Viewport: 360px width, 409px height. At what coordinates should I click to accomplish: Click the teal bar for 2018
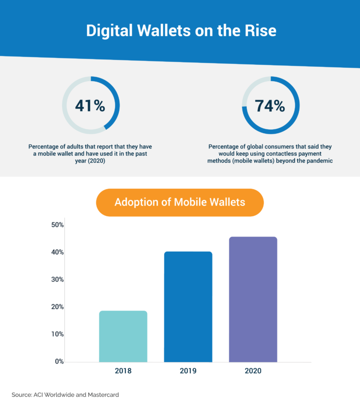[x=123, y=336]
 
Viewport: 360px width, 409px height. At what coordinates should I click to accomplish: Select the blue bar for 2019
[x=188, y=307]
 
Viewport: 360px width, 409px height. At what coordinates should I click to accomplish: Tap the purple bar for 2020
[x=253, y=299]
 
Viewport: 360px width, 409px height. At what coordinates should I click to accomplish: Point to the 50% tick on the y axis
[x=58, y=225]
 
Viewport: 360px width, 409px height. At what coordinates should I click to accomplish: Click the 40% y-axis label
[x=58, y=252]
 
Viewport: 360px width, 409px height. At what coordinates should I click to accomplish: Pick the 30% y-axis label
[x=58, y=279]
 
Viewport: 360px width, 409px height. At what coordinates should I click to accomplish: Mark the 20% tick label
[x=58, y=307]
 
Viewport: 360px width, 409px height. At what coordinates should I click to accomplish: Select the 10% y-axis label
[x=58, y=334]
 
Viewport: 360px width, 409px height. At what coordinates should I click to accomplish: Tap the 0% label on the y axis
[x=59, y=361]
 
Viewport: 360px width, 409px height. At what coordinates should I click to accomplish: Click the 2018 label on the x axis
[x=123, y=371]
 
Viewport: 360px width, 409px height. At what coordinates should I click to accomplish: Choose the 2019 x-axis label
[x=188, y=371]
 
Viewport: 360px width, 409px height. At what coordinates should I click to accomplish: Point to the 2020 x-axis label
[x=253, y=371]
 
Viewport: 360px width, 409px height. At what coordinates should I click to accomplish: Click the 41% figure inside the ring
[x=90, y=105]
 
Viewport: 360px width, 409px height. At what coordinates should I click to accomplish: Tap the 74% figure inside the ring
[x=270, y=105]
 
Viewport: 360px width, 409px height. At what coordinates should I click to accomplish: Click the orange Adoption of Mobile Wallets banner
[x=180, y=202]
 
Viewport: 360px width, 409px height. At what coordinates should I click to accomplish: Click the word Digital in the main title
[x=109, y=30]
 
